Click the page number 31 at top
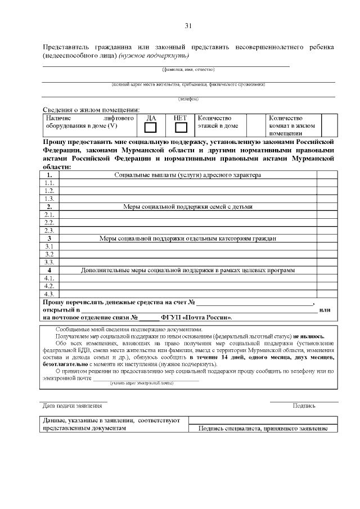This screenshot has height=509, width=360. coord(188,26)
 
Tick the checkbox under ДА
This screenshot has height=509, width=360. coord(151,128)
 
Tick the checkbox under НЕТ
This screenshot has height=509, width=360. coord(181,128)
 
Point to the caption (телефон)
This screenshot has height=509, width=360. coord(188,99)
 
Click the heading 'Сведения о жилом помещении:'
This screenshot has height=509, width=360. coord(91,110)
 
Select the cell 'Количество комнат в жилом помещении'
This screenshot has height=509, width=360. coord(292,125)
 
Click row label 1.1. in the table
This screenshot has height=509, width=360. coord(49,183)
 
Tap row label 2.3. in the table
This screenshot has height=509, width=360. coord(49,230)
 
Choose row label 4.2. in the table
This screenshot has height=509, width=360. coord(49,286)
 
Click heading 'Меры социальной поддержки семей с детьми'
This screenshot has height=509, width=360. coord(188,206)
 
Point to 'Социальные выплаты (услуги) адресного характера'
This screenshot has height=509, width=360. coord(188,175)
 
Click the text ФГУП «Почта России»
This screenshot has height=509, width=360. coord(196,317)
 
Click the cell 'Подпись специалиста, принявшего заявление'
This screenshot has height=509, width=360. coord(263,429)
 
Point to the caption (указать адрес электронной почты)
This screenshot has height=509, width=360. coord(141,383)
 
